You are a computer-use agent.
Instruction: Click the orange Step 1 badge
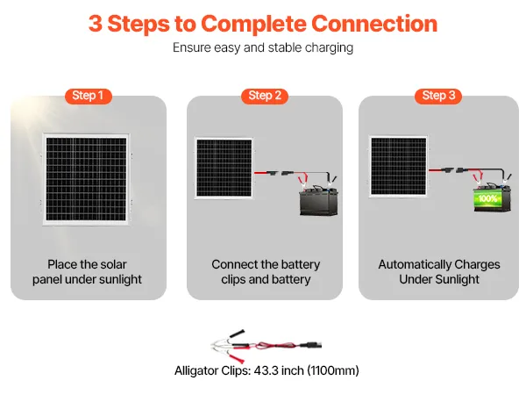pos(88,96)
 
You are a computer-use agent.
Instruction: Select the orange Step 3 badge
pos(438,96)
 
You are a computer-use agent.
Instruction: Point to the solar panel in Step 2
pos(224,168)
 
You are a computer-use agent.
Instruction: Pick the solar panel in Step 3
pos(396,168)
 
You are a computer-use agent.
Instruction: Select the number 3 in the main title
pos(95,23)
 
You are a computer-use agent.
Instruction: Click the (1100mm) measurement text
pos(331,371)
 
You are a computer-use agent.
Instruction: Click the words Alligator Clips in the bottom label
pos(207,371)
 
